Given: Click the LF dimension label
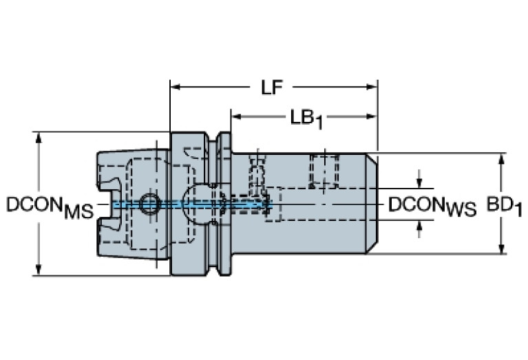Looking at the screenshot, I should point(273,88).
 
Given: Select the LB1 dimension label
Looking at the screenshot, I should point(306,118).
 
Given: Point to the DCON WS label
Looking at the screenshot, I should point(432,206).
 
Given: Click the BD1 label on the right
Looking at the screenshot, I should point(504,205).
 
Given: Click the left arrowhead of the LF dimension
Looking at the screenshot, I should point(175,87).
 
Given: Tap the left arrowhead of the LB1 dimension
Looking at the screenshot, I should point(235,117).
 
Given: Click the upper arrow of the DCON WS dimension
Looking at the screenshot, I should point(419,183).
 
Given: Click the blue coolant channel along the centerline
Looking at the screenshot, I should point(193,204).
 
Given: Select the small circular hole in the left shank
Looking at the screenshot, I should point(148,203).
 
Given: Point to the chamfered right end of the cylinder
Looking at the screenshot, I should point(372,204).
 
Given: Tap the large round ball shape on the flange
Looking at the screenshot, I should point(199,199).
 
